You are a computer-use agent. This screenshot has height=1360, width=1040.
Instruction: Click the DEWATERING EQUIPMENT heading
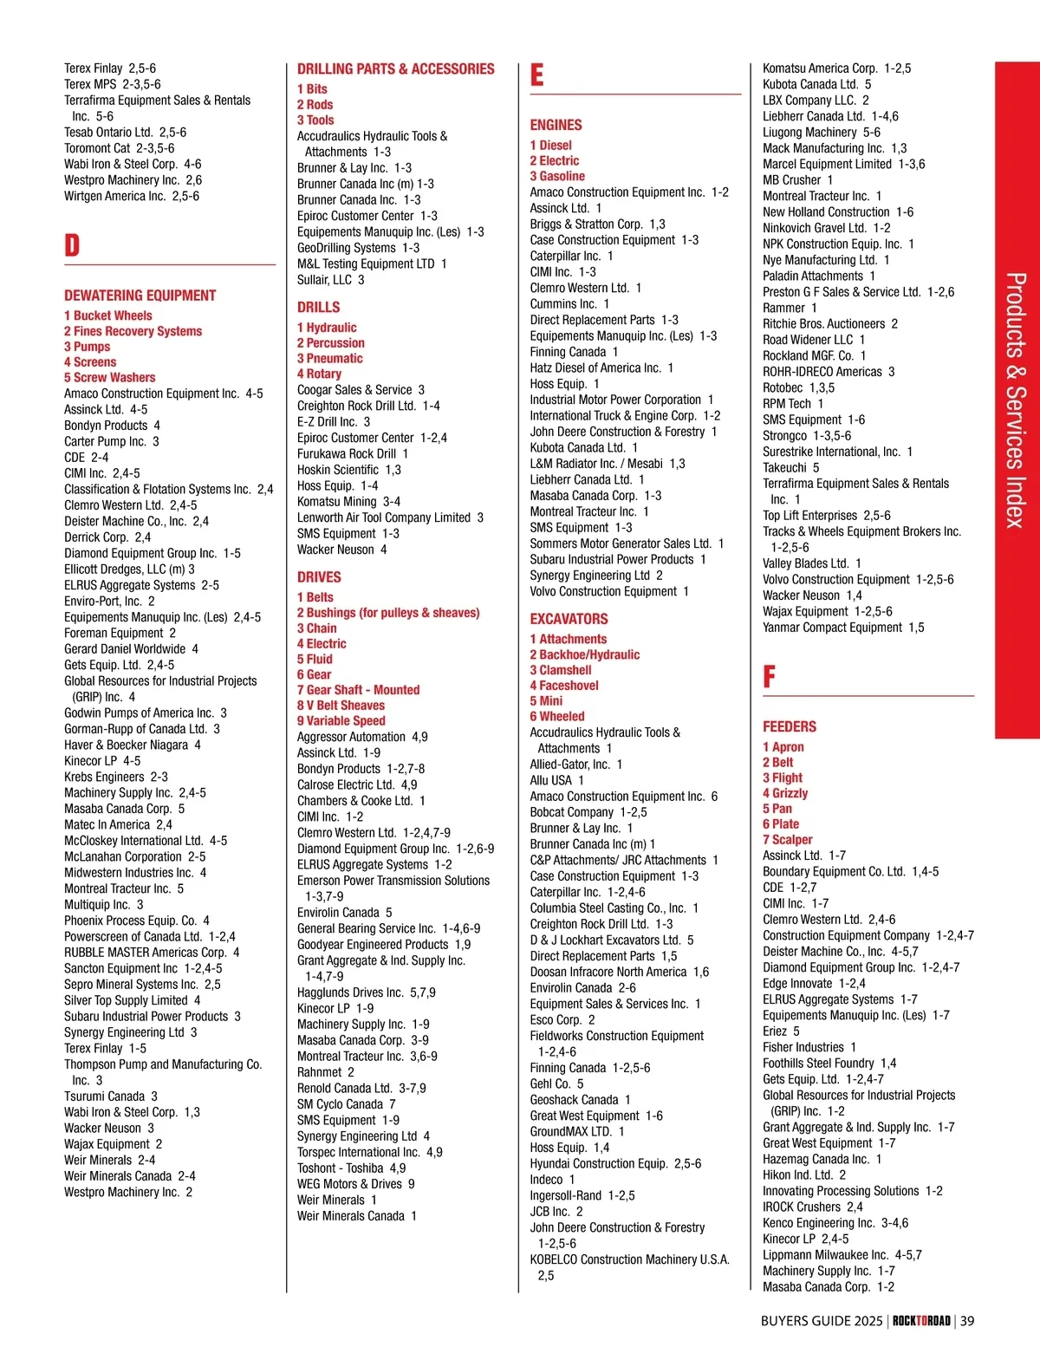point(140,296)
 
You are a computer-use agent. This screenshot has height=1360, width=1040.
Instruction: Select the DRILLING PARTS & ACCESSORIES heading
point(395,69)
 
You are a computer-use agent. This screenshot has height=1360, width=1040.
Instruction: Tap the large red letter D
point(72,245)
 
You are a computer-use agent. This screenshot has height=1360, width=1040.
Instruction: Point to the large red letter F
point(769,677)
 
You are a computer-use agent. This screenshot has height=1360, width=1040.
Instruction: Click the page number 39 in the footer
point(967,1321)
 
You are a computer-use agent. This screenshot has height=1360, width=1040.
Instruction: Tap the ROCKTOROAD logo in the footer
point(921,1321)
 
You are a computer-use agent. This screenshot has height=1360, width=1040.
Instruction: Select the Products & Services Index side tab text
point(1016,400)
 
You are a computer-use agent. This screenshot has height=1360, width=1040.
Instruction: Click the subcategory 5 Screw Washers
point(109,378)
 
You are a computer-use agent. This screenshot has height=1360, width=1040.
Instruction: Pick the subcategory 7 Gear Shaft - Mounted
point(358,690)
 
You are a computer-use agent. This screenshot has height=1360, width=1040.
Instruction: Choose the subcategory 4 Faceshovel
point(564,686)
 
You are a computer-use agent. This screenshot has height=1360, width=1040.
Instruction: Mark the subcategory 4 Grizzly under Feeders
point(785,793)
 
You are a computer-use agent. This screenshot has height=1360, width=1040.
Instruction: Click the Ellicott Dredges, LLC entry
point(129,569)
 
